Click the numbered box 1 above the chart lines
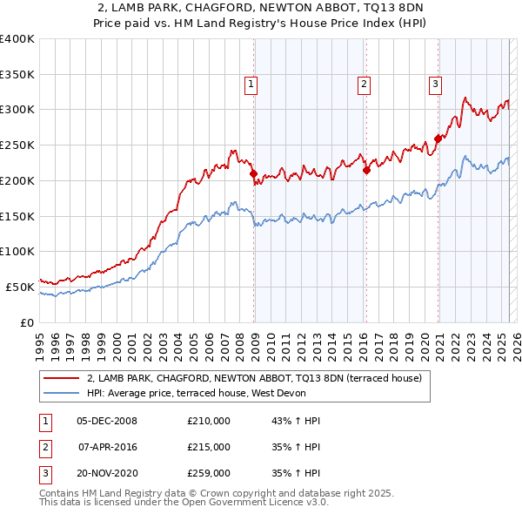251,85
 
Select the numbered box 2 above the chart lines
364,85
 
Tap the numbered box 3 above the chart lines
434,85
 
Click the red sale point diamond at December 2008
254,173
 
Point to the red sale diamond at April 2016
366,170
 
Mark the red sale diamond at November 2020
438,138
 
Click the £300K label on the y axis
17,110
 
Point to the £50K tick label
20,287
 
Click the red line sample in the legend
61,378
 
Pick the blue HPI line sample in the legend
61,393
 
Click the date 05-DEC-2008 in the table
107,421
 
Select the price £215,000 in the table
209,447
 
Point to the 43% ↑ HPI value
297,421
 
